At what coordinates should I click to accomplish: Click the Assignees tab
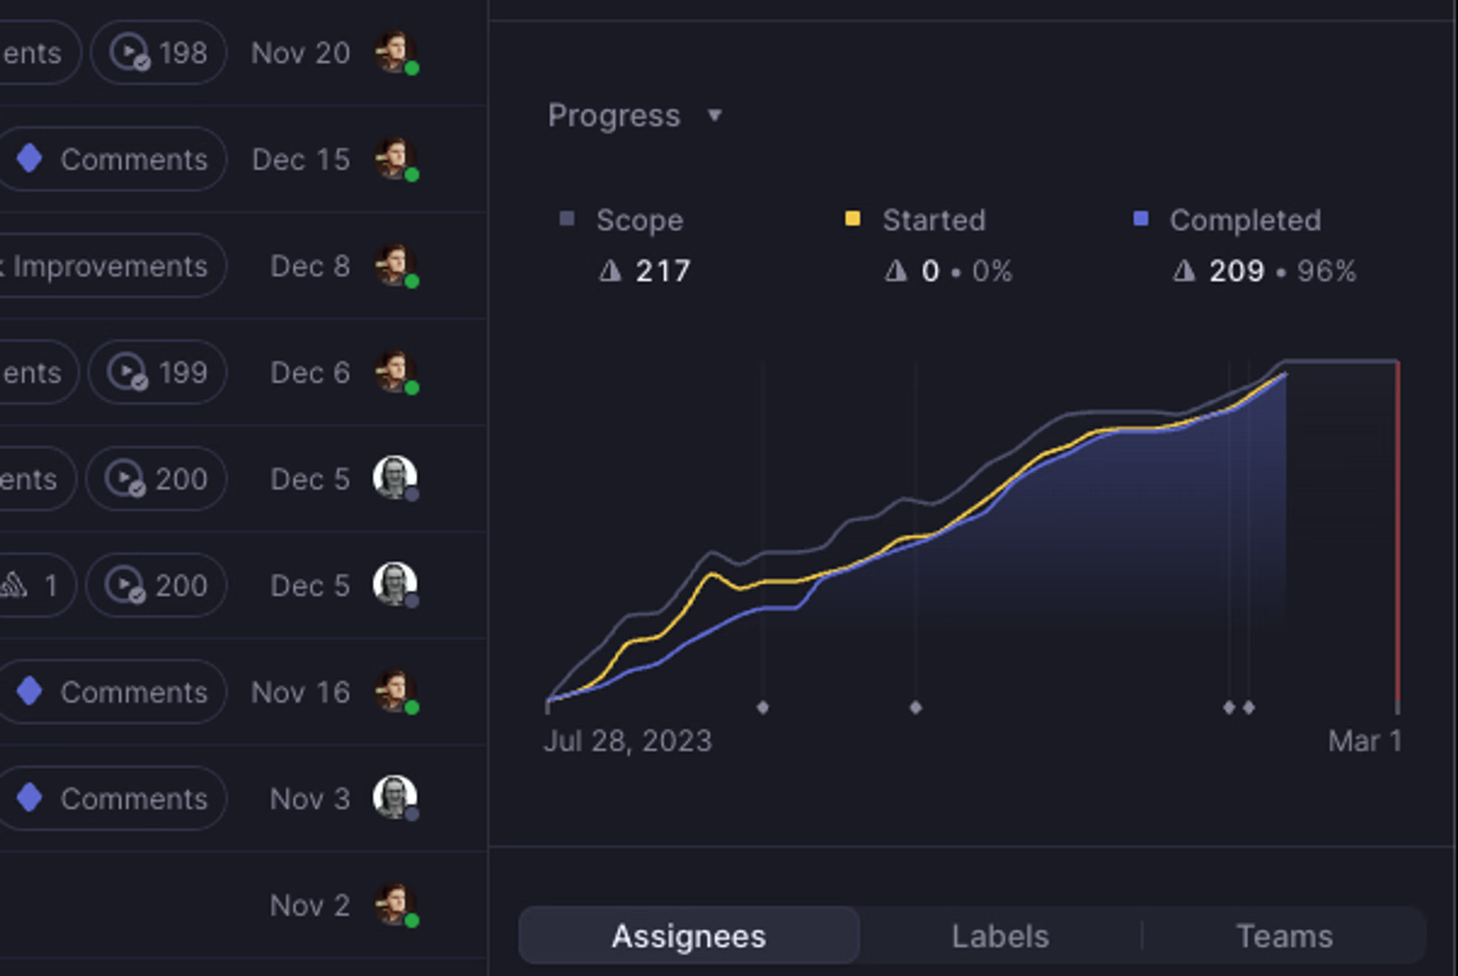tap(688, 936)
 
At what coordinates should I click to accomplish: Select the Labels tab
tap(1000, 936)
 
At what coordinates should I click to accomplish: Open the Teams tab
tap(1284, 936)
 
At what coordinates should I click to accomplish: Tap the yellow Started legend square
tap(852, 219)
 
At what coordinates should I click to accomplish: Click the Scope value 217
tap(662, 271)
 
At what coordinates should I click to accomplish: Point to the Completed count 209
tap(1236, 271)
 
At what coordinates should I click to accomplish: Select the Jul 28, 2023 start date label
tap(628, 741)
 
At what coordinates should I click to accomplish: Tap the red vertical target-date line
tap(1398, 529)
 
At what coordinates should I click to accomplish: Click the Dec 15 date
tap(301, 160)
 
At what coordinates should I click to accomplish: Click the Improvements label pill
tap(109, 266)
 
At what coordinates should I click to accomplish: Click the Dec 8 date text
tap(310, 266)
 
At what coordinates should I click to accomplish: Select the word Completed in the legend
tap(1245, 220)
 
